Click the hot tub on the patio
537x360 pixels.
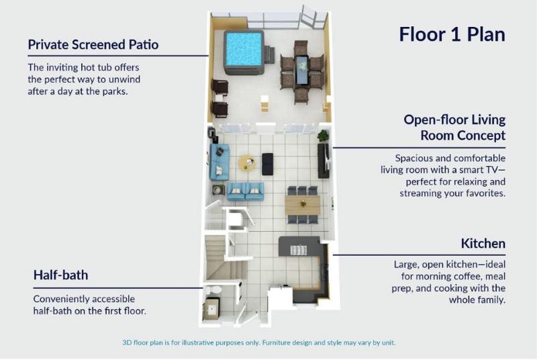pos(244,52)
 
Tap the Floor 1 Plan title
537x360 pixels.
pos(452,34)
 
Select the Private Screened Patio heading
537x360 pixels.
pos(93,44)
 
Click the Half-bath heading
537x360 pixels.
pos(60,275)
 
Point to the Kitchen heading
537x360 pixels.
pos(483,244)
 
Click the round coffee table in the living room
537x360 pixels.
pos(246,163)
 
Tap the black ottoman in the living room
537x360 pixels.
pos(268,164)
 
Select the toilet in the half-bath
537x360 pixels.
pos(215,290)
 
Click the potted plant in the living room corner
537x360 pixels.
pos(324,136)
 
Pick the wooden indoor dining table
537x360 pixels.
pos(303,205)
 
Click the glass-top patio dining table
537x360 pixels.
pos(301,70)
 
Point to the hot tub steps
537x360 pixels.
pos(270,55)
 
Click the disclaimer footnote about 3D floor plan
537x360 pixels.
pos(259,343)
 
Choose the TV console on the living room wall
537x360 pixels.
pos(324,161)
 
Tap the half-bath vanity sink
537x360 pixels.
pos(211,309)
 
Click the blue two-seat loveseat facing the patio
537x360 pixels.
pos(246,191)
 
